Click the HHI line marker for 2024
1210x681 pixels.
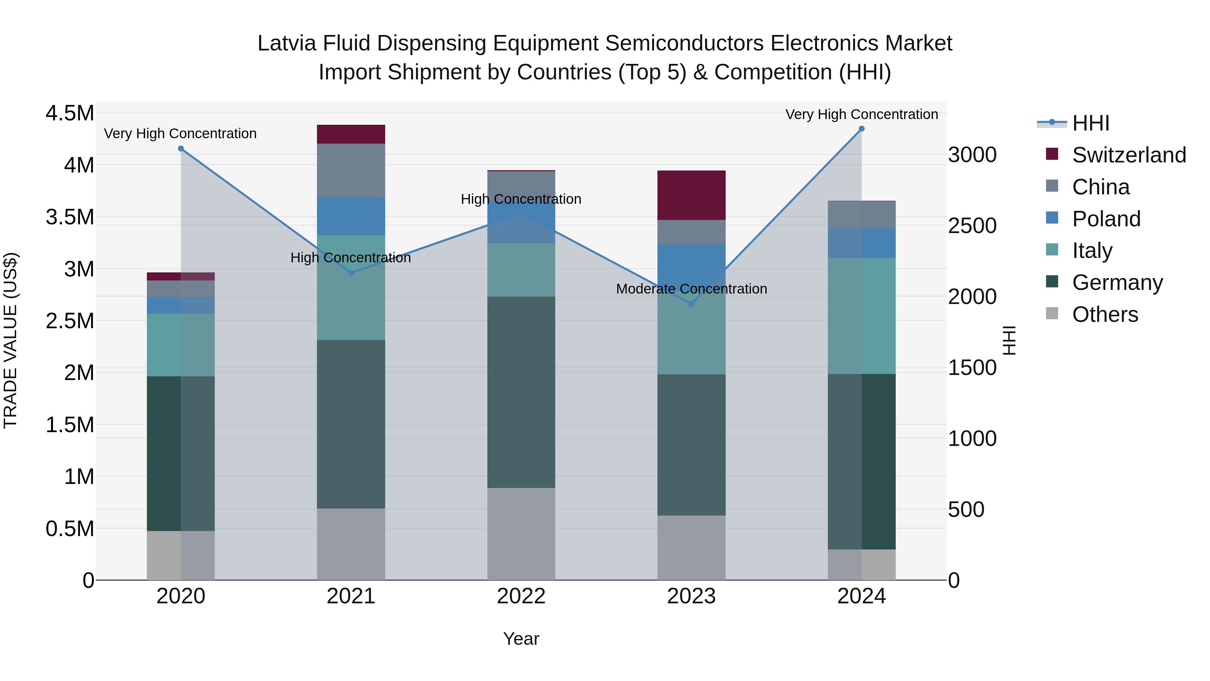click(861, 128)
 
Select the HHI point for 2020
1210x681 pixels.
click(181, 149)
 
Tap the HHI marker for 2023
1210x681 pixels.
click(691, 304)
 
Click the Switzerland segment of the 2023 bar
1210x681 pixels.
click(691, 195)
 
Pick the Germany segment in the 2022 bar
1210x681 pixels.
click(521, 392)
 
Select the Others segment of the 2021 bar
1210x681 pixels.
click(351, 544)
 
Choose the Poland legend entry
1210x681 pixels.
click(1106, 219)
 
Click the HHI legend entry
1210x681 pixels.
click(1090, 123)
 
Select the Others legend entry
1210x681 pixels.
click(1104, 314)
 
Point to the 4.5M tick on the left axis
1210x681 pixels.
click(70, 113)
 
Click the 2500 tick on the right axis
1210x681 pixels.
click(972, 226)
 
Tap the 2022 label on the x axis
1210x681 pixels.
click(521, 596)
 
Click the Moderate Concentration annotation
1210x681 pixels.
click(691, 289)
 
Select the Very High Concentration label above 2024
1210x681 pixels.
click(861, 114)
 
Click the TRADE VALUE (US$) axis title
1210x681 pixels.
click(10, 340)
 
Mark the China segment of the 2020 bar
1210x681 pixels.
click(181, 289)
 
